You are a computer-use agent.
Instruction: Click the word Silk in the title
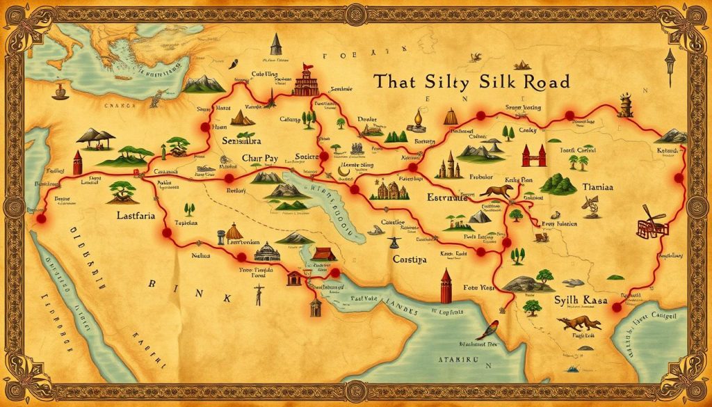496,82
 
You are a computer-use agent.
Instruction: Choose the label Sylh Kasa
577,301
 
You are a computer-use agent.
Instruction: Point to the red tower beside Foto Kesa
446,284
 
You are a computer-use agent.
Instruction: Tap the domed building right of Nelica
268,251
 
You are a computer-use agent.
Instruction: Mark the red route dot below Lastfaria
167,233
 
